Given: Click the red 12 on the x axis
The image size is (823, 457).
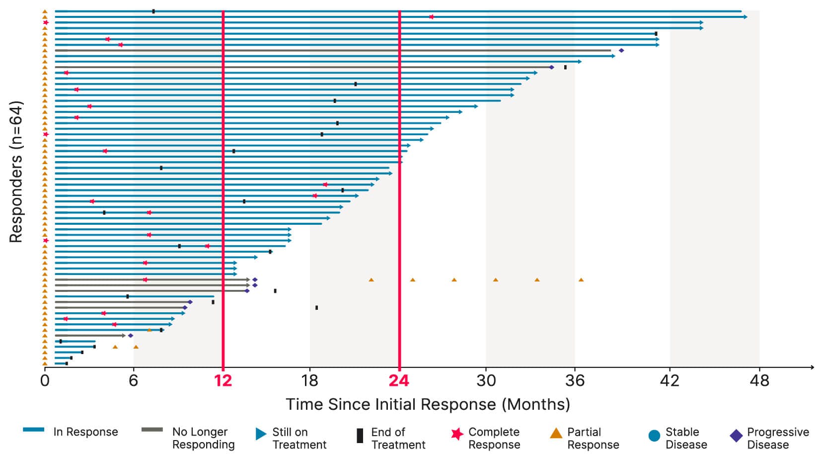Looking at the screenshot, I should [223, 381].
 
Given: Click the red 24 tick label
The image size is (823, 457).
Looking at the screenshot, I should [399, 381].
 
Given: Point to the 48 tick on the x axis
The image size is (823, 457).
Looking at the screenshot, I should [759, 381].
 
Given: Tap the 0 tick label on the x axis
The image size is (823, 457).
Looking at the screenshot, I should [45, 381].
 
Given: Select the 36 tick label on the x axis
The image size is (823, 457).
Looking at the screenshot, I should [575, 381].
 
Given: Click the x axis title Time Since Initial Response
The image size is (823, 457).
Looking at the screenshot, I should [428, 404].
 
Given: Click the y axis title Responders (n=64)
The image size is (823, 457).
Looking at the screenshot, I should [16, 172].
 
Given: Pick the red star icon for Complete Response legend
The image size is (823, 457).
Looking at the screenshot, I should [457, 434].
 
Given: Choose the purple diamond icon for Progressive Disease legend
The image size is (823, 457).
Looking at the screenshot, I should [736, 436].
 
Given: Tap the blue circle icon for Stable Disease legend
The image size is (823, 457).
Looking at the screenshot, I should [655, 436].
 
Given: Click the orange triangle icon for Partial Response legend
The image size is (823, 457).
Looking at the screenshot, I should [556, 434].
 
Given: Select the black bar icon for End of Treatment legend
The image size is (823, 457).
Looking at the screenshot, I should [360, 436].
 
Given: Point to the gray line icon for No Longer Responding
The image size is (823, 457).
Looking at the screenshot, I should [152, 430].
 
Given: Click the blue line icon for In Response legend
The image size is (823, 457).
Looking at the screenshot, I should [33, 430].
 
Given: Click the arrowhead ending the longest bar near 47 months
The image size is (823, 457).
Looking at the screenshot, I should [745, 17].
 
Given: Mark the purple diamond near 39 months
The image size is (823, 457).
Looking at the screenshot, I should [621, 50].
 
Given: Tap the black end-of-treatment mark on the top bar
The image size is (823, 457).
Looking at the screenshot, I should [153, 11].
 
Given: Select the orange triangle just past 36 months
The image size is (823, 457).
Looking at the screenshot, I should [581, 279].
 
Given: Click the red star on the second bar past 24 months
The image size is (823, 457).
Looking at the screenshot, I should [431, 17].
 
